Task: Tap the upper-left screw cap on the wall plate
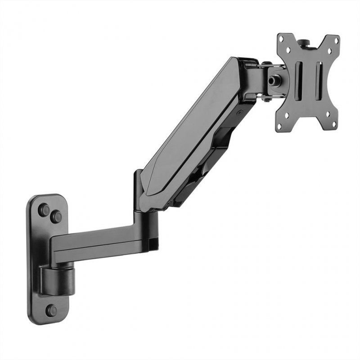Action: (44, 210)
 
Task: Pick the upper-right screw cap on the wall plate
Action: (56, 216)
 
